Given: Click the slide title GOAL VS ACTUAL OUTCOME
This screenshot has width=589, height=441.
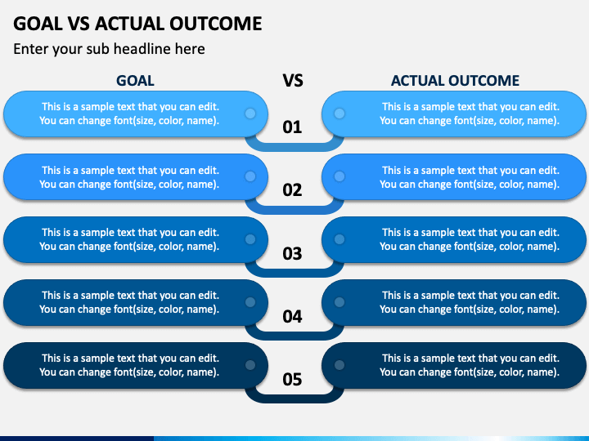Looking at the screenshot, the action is [137, 24].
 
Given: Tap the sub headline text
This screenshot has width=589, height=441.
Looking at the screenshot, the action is [109, 49].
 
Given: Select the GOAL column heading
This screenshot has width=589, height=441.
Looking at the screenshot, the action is [135, 81].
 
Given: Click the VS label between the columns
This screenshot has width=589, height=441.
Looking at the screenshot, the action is [293, 81].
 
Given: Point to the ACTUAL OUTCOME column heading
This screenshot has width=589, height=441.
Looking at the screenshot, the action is [455, 81].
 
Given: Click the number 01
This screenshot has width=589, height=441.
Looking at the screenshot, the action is [292, 127].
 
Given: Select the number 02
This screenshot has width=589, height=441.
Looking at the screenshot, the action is [292, 190].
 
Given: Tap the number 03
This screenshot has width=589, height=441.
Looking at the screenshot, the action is [292, 254].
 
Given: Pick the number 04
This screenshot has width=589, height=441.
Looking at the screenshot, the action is [292, 317].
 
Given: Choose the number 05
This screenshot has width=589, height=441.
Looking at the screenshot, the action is [292, 380].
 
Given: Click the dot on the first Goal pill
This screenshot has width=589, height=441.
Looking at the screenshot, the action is [250, 114].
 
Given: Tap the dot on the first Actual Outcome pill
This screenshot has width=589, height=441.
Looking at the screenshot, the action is [339, 114].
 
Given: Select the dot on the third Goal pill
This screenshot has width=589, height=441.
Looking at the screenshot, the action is [250, 239].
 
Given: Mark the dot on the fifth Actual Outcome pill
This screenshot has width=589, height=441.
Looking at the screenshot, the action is [339, 365].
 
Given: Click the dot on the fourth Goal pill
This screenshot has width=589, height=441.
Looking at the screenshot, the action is [250, 302].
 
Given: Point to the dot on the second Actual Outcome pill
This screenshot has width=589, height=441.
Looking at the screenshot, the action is [339, 176].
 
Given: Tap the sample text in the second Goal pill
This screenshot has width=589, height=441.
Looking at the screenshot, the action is [129, 177].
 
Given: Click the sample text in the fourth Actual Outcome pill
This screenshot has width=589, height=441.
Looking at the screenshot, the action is [470, 302].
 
